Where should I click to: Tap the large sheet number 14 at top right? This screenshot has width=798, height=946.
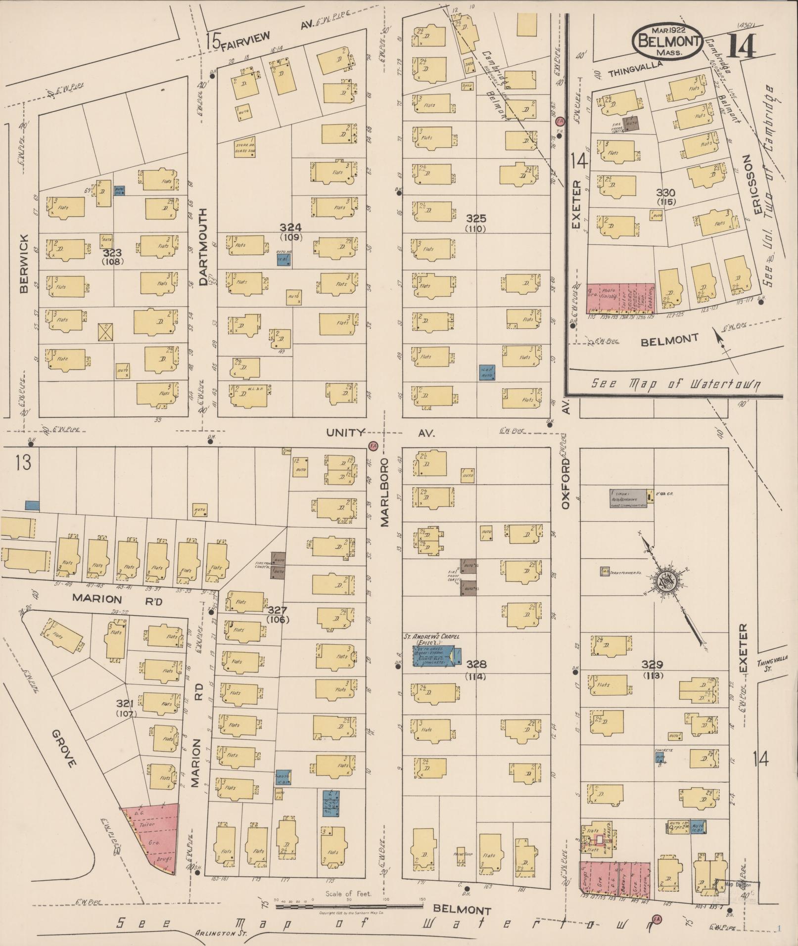tap(741, 46)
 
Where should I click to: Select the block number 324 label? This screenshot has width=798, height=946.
tap(290, 227)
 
